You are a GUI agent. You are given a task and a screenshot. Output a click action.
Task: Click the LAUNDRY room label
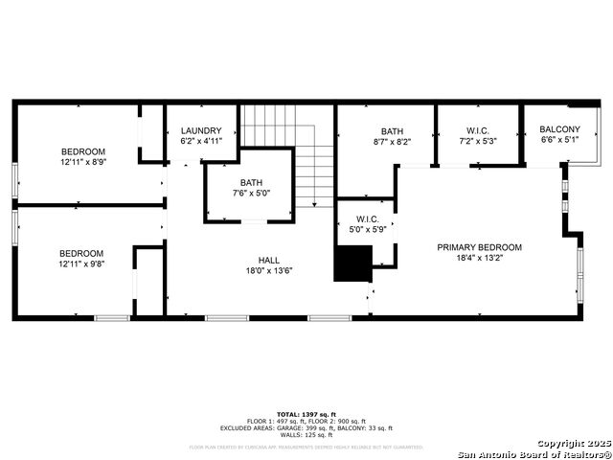pyautogui.click(x=201, y=131)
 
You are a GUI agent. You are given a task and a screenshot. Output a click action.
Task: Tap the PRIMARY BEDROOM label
pyautogui.click(x=479, y=247)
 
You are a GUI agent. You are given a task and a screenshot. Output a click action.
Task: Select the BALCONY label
pyautogui.click(x=560, y=129)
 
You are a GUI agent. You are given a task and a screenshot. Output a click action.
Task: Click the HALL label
pyautogui.click(x=269, y=260)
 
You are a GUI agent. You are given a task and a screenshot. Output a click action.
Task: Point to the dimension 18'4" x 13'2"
pyautogui.click(x=479, y=258)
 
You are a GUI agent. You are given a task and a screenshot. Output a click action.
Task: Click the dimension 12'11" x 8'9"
pyautogui.click(x=83, y=162)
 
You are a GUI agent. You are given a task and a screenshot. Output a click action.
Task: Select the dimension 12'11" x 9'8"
pyautogui.click(x=83, y=264)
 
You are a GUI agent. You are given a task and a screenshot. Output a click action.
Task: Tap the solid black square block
pyautogui.click(x=352, y=263)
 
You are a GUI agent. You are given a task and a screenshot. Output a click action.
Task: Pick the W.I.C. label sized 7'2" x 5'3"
pyautogui.click(x=478, y=131)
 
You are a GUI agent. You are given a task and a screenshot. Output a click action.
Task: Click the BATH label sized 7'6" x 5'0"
pyautogui.click(x=251, y=182)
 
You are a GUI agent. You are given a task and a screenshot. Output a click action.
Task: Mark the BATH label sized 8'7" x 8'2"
pyautogui.click(x=393, y=131)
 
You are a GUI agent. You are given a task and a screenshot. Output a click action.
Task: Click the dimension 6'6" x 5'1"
pyautogui.click(x=560, y=140)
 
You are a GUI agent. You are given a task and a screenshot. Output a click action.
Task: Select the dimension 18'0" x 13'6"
pyautogui.click(x=269, y=270)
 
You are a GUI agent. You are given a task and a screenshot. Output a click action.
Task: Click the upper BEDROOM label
pyautogui.click(x=83, y=151)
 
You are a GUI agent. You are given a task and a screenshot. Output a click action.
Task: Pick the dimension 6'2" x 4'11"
pyautogui.click(x=201, y=142)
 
